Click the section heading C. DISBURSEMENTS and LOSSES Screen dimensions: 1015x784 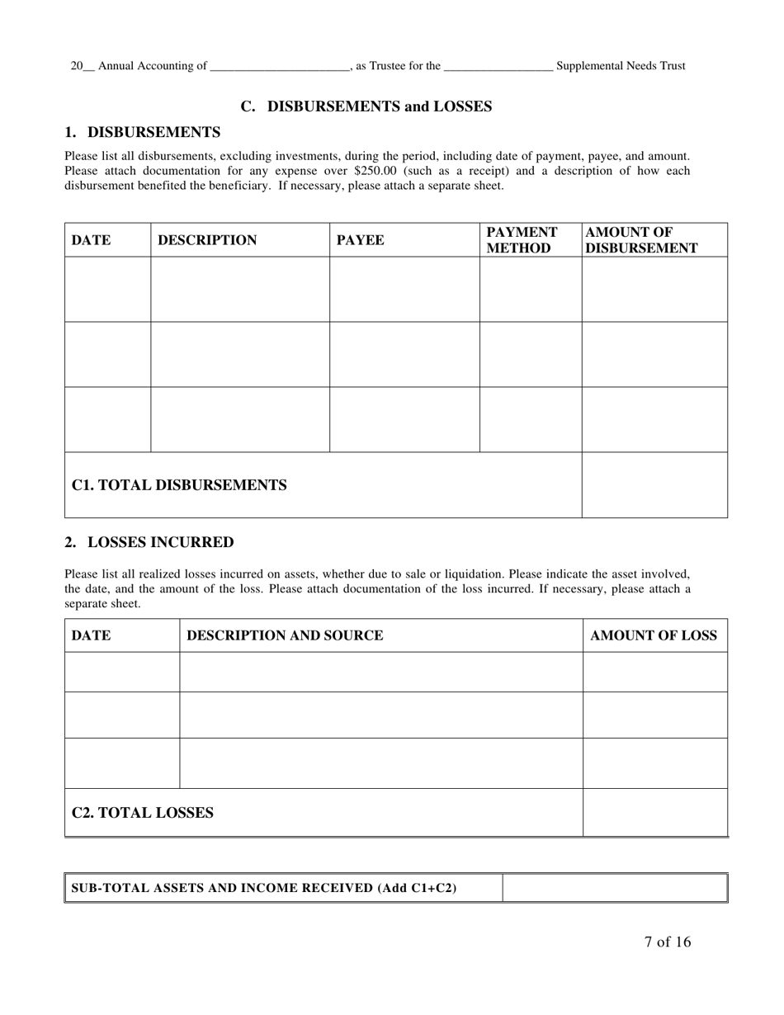(366, 106)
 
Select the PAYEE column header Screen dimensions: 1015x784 (361, 240)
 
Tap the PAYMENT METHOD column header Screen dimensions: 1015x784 (522, 240)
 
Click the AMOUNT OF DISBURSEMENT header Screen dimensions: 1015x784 (642, 240)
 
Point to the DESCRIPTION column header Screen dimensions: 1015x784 (207, 240)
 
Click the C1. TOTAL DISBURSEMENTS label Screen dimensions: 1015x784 (179, 485)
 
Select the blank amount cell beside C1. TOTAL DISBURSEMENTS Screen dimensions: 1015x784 (654, 485)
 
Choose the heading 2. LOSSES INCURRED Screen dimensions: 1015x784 (149, 542)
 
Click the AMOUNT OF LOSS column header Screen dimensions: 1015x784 (654, 635)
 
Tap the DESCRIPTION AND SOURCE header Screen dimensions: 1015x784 (285, 635)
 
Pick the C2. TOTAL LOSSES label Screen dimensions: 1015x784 (143, 813)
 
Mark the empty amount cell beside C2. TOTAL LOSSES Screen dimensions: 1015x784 (654, 813)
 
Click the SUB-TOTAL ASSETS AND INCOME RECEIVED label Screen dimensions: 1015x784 (264, 888)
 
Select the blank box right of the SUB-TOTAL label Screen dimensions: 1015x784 (614, 888)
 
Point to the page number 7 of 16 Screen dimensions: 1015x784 (668, 942)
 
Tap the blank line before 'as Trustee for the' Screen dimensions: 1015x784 (280, 67)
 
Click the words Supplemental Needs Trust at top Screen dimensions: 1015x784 (621, 66)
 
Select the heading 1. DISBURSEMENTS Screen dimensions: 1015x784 (143, 132)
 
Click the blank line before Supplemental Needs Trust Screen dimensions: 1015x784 (498, 67)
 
